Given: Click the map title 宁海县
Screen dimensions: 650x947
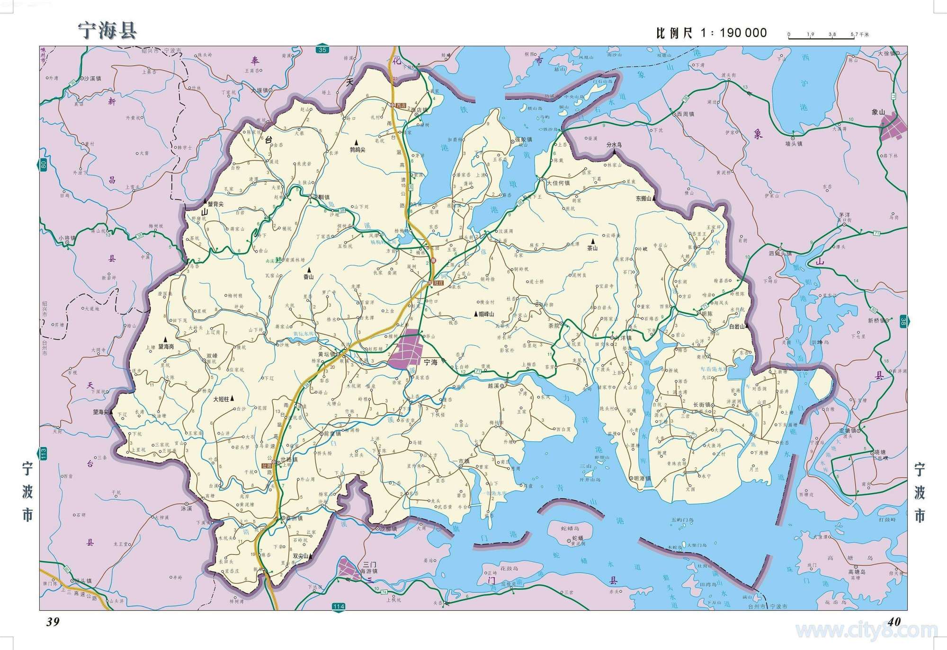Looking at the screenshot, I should pos(107,30).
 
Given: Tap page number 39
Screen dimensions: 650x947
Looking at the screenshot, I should pos(53,622).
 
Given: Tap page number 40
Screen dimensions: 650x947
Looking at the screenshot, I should pos(894,622).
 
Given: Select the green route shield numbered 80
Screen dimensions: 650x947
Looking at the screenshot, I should pos(44,166).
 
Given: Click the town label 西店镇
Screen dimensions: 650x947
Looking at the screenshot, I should pos(419,110).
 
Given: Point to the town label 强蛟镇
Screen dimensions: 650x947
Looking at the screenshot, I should pos(523,140).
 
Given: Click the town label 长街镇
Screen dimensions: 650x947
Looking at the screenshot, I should pos(702,405).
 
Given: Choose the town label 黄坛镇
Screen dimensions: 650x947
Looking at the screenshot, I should pos(327,354).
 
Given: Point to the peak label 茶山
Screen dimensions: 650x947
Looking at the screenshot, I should pos(592,247).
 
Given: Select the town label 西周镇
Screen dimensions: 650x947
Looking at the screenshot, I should pos(685,114).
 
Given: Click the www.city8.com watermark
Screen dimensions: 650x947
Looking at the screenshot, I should pos(867,631).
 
